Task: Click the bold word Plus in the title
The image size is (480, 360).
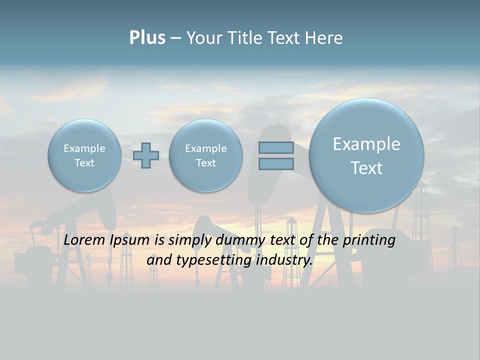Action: pos(147,38)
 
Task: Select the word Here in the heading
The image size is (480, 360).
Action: pos(325,38)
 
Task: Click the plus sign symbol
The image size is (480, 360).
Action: pos(146,155)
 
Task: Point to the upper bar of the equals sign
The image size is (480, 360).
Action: pos(276,147)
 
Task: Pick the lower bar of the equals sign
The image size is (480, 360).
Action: pos(276,163)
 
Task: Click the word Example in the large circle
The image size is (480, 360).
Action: pos(366,144)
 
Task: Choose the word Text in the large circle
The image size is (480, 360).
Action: pos(366,168)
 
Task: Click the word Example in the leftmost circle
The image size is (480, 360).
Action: pos(84,148)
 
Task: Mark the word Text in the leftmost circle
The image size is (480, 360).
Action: pos(84,163)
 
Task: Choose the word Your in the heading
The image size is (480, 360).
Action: pos(204,38)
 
